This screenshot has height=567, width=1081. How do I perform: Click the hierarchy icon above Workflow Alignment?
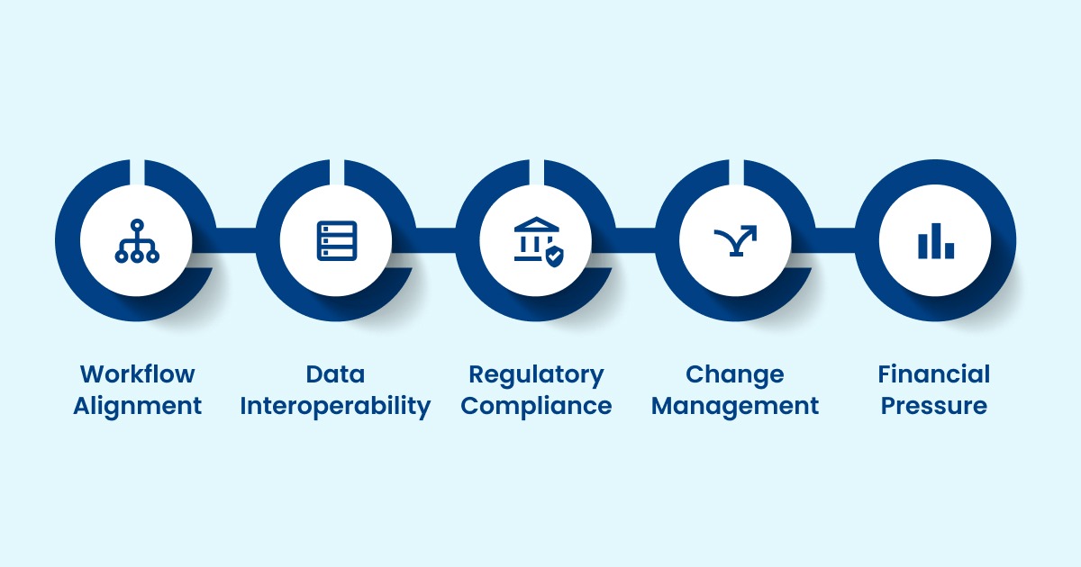[137, 241]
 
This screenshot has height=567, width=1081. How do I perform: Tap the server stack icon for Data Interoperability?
[337, 241]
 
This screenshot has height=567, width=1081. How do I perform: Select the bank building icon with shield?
[535, 239]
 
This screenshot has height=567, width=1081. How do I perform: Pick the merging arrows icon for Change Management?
[735, 240]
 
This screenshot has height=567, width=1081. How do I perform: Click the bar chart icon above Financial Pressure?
[935, 241]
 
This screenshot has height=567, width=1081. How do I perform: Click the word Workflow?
[137, 374]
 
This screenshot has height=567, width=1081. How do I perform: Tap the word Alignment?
[137, 406]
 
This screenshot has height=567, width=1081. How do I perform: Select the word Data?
[336, 374]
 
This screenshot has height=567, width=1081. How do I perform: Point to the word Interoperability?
[336, 406]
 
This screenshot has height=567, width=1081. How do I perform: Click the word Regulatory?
[536, 374]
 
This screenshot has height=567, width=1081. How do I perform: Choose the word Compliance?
[536, 406]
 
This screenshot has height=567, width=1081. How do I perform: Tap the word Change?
[735, 374]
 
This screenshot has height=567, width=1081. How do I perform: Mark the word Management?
[735, 406]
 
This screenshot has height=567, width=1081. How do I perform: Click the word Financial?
[934, 374]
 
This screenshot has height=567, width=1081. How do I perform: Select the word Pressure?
[934, 406]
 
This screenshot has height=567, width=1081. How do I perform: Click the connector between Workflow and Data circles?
[236, 240]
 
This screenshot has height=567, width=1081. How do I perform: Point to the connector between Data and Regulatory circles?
[436, 240]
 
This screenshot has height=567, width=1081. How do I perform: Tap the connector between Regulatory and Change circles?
[636, 240]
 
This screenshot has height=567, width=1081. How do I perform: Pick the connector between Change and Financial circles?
[835, 240]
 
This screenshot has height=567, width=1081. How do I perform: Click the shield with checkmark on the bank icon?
[553, 256]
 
